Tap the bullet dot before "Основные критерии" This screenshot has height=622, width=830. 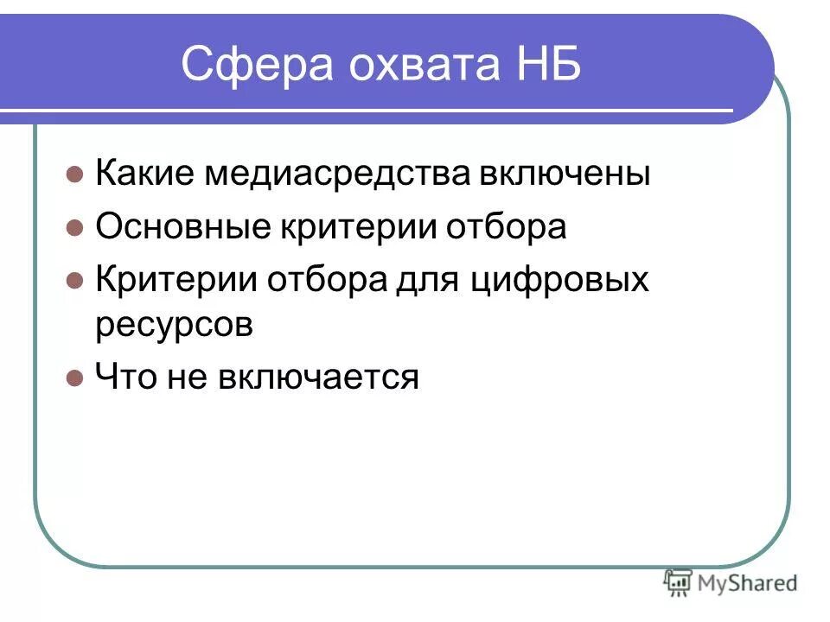tap(74, 229)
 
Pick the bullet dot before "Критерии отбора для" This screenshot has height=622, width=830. tap(74, 282)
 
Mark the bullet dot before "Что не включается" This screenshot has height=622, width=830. tap(74, 378)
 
